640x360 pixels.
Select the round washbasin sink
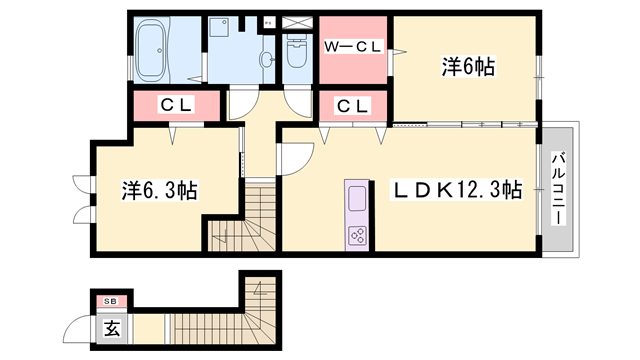pos(267,60)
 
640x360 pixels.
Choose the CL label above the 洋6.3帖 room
pos(178,104)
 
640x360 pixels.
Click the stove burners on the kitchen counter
pos(357,235)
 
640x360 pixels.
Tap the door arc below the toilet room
pos(297,100)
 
